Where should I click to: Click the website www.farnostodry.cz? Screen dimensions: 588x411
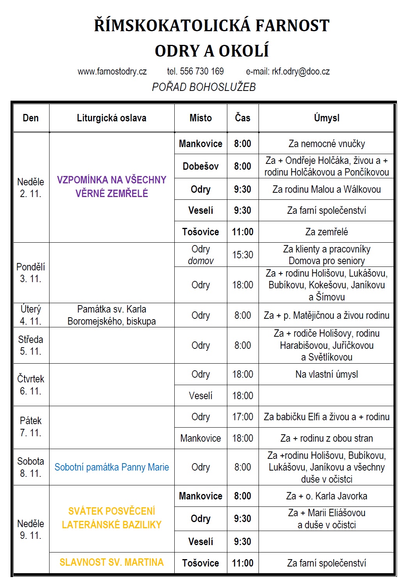click(x=112, y=71)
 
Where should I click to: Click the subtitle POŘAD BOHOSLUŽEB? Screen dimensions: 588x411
click(x=204, y=87)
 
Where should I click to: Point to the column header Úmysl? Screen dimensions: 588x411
click(x=326, y=118)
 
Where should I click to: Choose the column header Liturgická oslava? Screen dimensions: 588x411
click(x=112, y=118)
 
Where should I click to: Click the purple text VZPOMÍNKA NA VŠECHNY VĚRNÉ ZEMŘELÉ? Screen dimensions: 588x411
click(x=112, y=187)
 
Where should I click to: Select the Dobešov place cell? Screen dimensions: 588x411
click(x=200, y=166)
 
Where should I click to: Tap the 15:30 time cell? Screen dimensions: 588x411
click(x=243, y=255)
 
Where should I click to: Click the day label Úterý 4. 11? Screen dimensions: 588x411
click(x=30, y=315)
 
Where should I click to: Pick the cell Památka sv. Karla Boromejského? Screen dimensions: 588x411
click(x=112, y=315)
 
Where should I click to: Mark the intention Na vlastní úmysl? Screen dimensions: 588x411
click(x=326, y=374)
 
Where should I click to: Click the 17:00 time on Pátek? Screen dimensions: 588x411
click(x=243, y=417)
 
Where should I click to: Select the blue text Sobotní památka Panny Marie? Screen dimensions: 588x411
click(x=112, y=467)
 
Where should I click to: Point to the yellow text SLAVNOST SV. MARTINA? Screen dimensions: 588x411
click(x=112, y=562)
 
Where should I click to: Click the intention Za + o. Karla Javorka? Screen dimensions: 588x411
click(x=326, y=496)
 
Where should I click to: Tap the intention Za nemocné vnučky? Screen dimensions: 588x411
click(x=326, y=144)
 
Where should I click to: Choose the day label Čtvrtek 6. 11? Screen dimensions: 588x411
click(x=30, y=385)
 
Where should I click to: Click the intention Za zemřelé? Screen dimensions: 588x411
click(x=326, y=232)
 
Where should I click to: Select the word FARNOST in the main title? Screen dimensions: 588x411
click(x=292, y=26)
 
